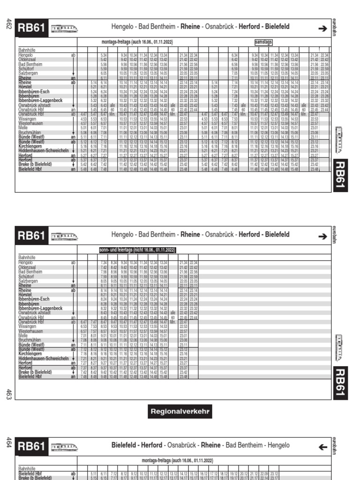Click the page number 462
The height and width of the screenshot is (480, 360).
click(8, 23)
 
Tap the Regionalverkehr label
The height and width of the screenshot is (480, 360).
click(180, 412)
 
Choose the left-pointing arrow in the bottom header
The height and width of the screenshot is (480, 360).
click(322, 447)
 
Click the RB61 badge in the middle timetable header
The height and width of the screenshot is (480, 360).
click(31, 236)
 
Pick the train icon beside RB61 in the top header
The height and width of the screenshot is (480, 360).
click(64, 28)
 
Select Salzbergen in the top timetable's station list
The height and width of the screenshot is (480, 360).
click(28, 73)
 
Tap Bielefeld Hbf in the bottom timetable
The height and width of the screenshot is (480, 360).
click(30, 473)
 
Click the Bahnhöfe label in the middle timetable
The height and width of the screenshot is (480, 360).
click(27, 257)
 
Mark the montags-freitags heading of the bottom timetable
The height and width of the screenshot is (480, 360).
click(167, 460)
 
